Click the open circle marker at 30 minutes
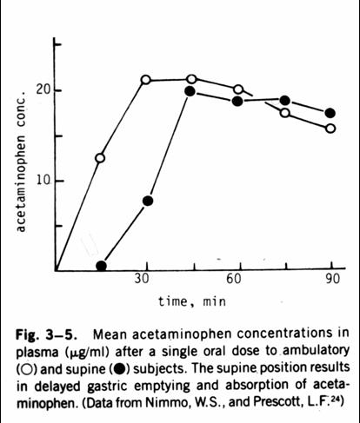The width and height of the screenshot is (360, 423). (146, 80)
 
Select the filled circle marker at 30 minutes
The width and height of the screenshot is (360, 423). (148, 201)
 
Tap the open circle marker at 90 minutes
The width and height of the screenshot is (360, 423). (330, 129)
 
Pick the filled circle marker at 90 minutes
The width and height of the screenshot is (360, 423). (330, 113)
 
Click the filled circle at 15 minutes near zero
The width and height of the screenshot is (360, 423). (101, 266)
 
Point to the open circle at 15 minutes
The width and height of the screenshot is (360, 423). (100, 158)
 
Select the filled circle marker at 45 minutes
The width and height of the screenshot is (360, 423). (190, 91)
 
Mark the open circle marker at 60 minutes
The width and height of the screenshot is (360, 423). (238, 89)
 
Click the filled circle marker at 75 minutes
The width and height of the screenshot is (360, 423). (285, 101)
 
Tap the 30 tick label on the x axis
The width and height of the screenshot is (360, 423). (142, 279)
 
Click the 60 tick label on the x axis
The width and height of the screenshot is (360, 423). (234, 279)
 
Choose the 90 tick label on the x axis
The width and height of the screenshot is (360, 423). (332, 279)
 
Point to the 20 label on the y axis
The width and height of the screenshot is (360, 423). (43, 90)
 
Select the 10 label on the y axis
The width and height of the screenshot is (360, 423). (43, 181)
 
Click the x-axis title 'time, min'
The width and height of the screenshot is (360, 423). (192, 301)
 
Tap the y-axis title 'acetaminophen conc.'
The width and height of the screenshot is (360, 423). (21, 162)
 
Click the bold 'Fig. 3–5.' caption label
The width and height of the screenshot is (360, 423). (46, 334)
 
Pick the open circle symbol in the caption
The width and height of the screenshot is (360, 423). (27, 369)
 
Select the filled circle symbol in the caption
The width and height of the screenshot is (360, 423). (119, 369)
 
